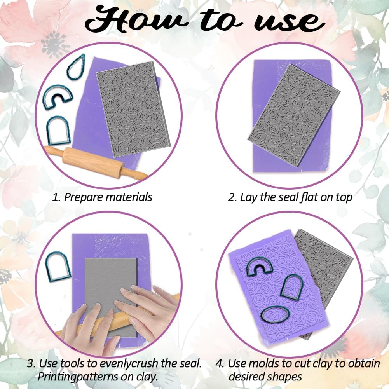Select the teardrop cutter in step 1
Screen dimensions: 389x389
[76, 67]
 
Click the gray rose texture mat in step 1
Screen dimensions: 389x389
[133, 109]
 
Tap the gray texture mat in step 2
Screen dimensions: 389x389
[294, 115]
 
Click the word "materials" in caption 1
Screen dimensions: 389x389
[129, 197]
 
